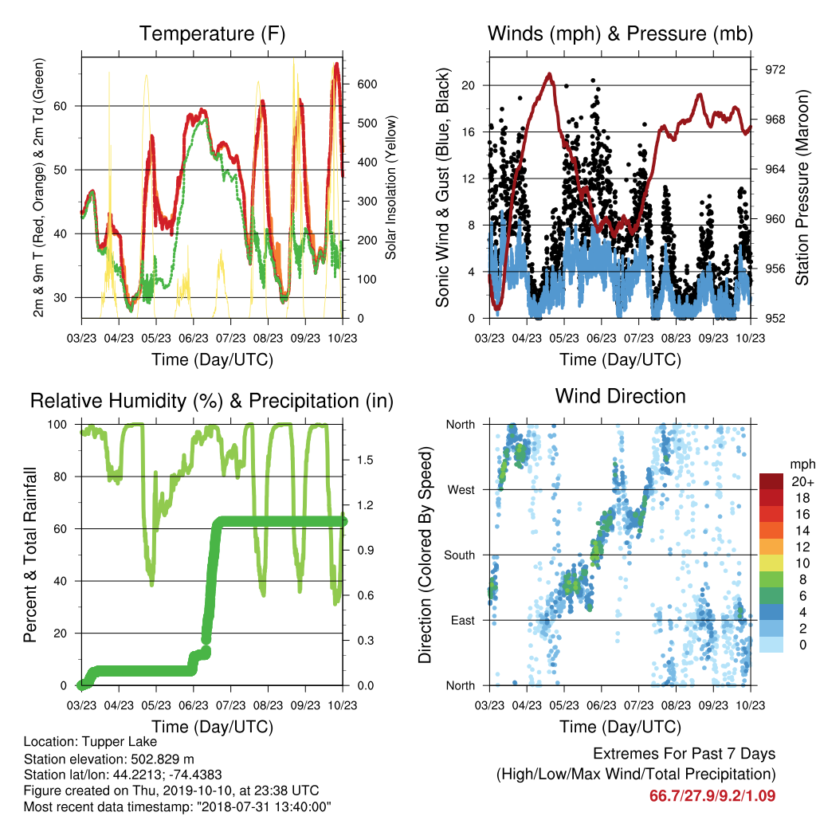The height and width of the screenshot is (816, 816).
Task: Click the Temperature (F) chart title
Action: pyautogui.click(x=212, y=33)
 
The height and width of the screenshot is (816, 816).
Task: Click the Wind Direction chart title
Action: pyautogui.click(x=620, y=396)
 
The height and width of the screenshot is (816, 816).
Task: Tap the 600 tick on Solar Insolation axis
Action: pyautogui.click(x=367, y=84)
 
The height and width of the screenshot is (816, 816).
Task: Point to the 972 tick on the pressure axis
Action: pyautogui.click(x=775, y=70)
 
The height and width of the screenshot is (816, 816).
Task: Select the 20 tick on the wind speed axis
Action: pyautogui.click(x=469, y=85)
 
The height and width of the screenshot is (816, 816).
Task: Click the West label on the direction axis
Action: pyautogui.click(x=461, y=490)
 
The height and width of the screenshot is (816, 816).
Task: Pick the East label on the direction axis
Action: pyautogui.click(x=463, y=620)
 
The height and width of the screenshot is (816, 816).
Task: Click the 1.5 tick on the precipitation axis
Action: pyautogui.click(x=365, y=460)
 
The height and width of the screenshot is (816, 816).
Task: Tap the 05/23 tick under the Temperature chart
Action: pyautogui.click(x=156, y=338)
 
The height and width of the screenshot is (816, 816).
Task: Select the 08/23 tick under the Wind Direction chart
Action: pyautogui.click(x=676, y=705)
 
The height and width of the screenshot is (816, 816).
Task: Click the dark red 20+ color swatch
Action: pyautogui.click(x=771, y=481)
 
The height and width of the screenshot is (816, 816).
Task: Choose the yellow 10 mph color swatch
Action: pyautogui.click(x=771, y=563)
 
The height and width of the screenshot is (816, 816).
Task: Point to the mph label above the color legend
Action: pyautogui.click(x=802, y=465)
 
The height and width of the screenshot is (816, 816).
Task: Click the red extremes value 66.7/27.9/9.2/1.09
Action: pyautogui.click(x=712, y=796)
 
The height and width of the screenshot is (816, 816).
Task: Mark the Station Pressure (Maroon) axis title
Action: pyautogui.click(x=802, y=188)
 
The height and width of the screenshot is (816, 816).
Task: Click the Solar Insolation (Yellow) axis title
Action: pyautogui.click(x=390, y=187)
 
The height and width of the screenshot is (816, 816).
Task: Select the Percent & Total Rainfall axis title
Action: pyautogui.click(x=30, y=555)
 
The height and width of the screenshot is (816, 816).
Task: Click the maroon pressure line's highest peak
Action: pyautogui.click(x=549, y=74)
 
